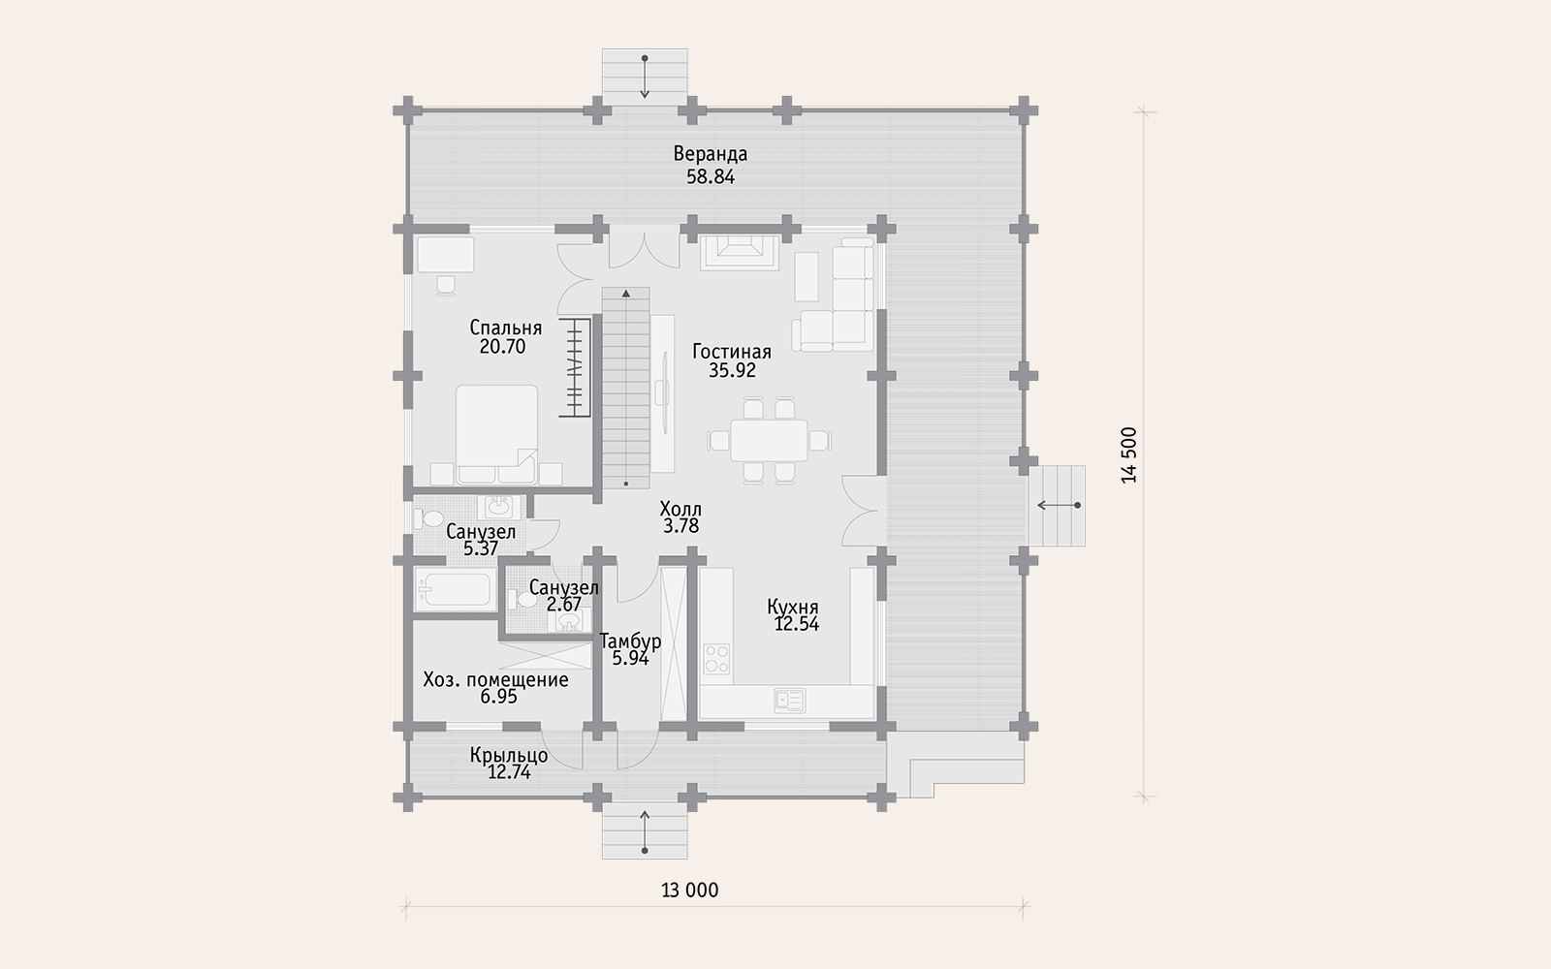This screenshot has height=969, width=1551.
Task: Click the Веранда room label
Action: pos(711,154)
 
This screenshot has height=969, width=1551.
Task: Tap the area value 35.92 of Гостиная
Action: pos(732,370)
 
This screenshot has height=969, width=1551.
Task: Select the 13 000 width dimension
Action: pos(689,891)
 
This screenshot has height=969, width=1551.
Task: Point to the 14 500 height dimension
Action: pos(1128,454)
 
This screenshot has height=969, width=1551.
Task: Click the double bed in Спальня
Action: pos(496,434)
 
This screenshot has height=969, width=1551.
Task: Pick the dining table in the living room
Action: pos(769,440)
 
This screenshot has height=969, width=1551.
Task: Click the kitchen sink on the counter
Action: pos(789,701)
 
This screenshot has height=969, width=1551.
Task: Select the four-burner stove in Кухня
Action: pos(716,658)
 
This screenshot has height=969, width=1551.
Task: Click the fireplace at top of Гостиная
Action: pos(739,253)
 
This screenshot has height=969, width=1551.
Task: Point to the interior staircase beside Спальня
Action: pos(626,388)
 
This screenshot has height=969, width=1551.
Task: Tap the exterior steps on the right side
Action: pos(1057,505)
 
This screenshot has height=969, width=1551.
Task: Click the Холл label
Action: pos(680,509)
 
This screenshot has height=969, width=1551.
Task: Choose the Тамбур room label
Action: pos(630,641)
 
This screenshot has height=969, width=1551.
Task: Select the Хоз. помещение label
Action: pos(495,679)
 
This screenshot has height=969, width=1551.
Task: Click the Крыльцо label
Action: pos(509,755)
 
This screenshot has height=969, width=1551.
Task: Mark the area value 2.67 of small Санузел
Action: pos(563,605)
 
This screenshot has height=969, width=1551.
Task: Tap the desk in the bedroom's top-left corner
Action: pos(445,255)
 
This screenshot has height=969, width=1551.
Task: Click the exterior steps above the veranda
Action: pos(645,77)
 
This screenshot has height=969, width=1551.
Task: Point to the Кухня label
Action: pos(793,607)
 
